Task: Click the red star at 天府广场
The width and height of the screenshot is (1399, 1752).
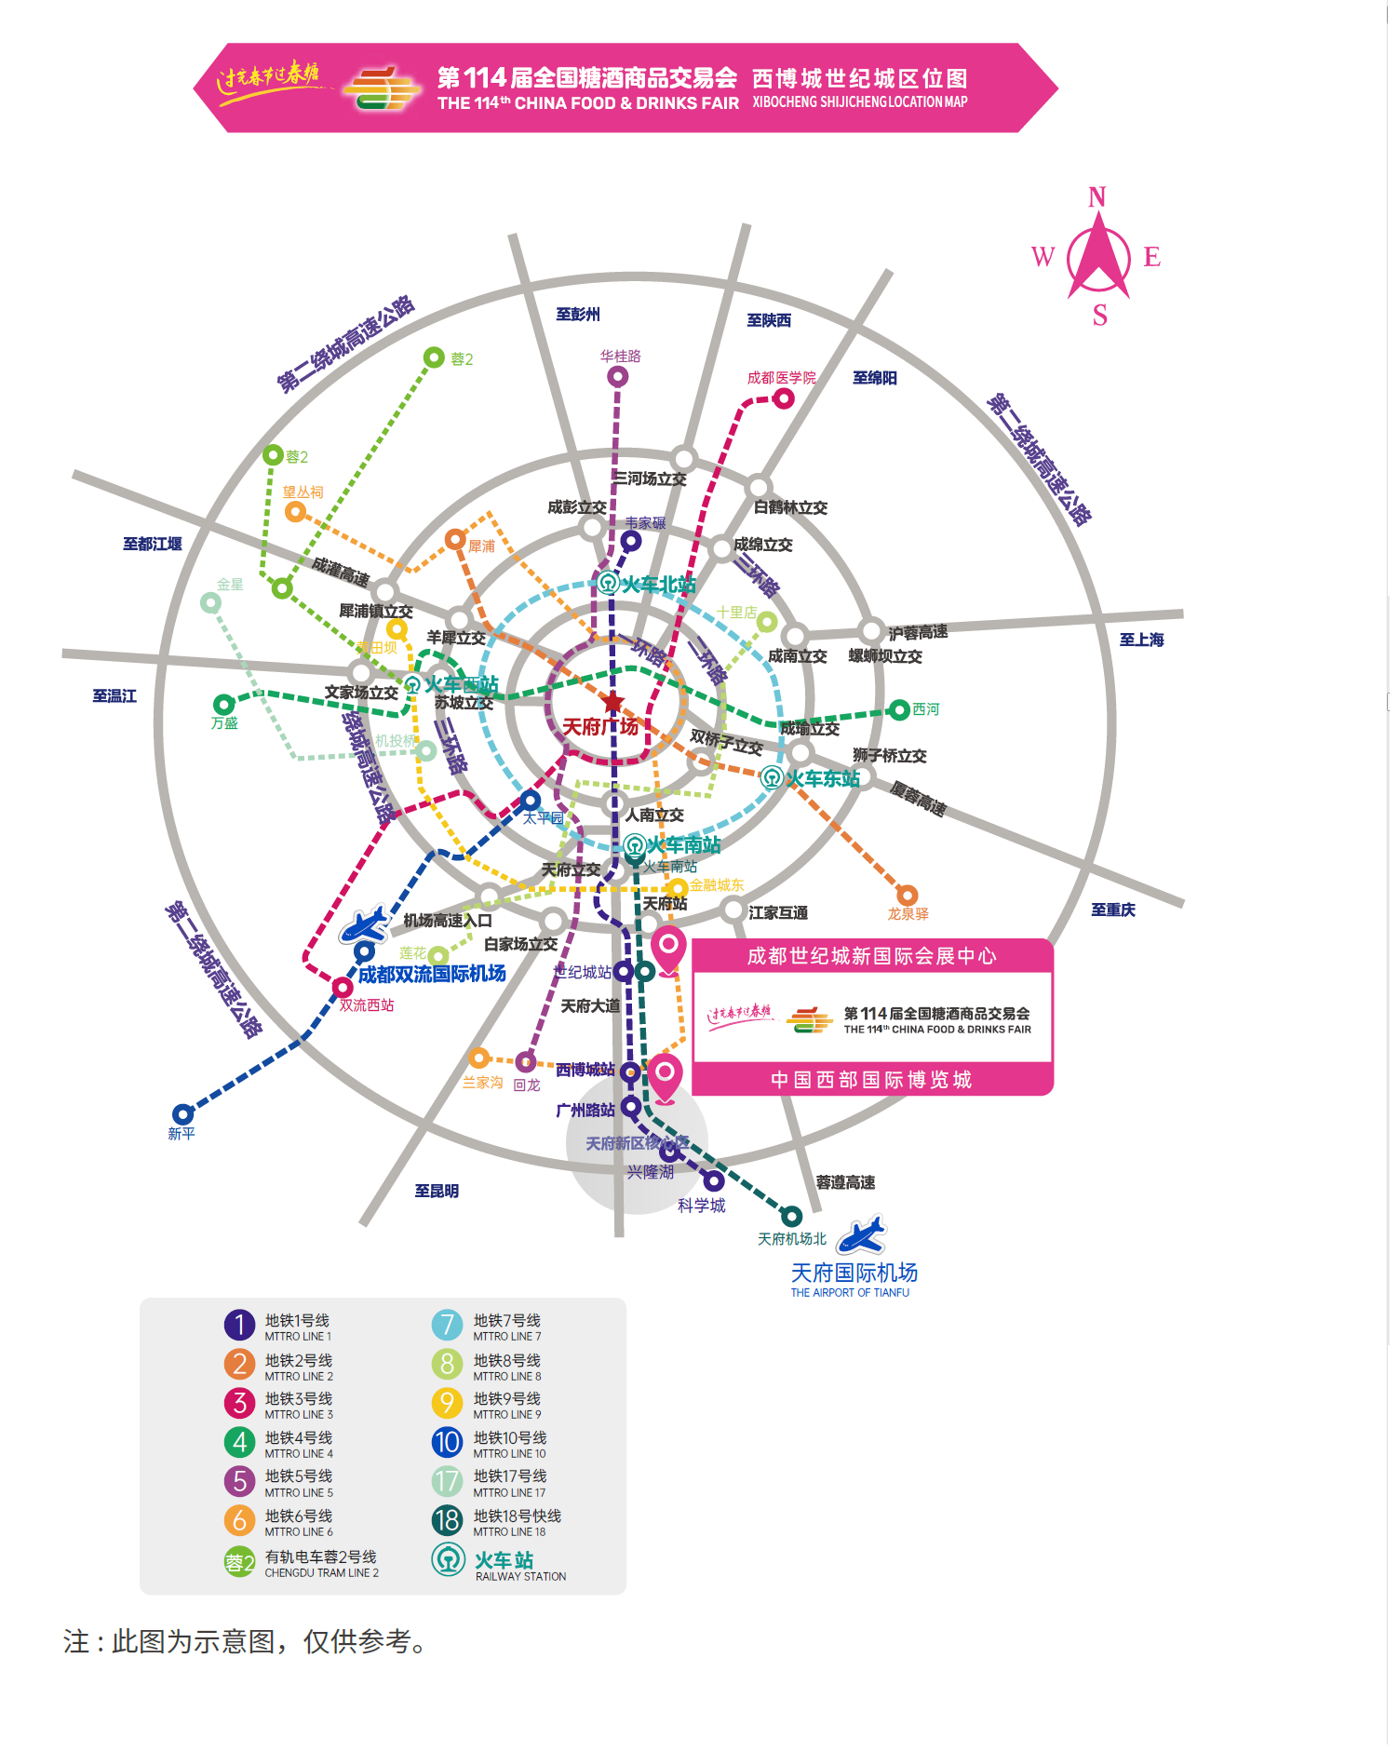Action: pos(612,702)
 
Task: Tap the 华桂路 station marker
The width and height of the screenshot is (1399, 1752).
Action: pos(617,376)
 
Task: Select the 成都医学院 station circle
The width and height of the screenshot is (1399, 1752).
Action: pos(784,398)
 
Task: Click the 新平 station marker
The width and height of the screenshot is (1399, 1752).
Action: pos(182,1113)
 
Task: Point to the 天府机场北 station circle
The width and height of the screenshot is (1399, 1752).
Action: pos(791,1216)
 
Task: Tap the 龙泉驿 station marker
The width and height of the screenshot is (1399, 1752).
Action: pos(907,896)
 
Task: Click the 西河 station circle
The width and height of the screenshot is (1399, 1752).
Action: pos(899,710)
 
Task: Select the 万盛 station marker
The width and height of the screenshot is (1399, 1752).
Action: pos(223,704)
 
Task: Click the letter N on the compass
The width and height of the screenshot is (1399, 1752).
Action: pos(1097,197)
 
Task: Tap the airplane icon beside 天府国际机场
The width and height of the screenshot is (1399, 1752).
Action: pos(861,1235)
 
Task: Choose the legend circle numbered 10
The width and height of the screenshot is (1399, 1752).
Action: pos(447,1442)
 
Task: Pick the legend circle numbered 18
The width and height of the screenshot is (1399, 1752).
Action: pos(447,1520)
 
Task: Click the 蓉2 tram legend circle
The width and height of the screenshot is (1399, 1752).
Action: pos(239,1562)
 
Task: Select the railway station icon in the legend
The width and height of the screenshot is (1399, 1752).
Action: pos(448,1560)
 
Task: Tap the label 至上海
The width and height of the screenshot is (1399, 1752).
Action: pos(1141,640)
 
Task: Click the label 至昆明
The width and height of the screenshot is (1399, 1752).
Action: pos(437,1191)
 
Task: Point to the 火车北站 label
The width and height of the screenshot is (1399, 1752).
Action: pos(658,585)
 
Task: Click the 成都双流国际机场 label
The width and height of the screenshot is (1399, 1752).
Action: pos(432,974)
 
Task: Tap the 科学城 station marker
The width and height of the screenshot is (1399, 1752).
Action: pos(714,1180)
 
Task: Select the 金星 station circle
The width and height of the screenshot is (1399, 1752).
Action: pos(211,602)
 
